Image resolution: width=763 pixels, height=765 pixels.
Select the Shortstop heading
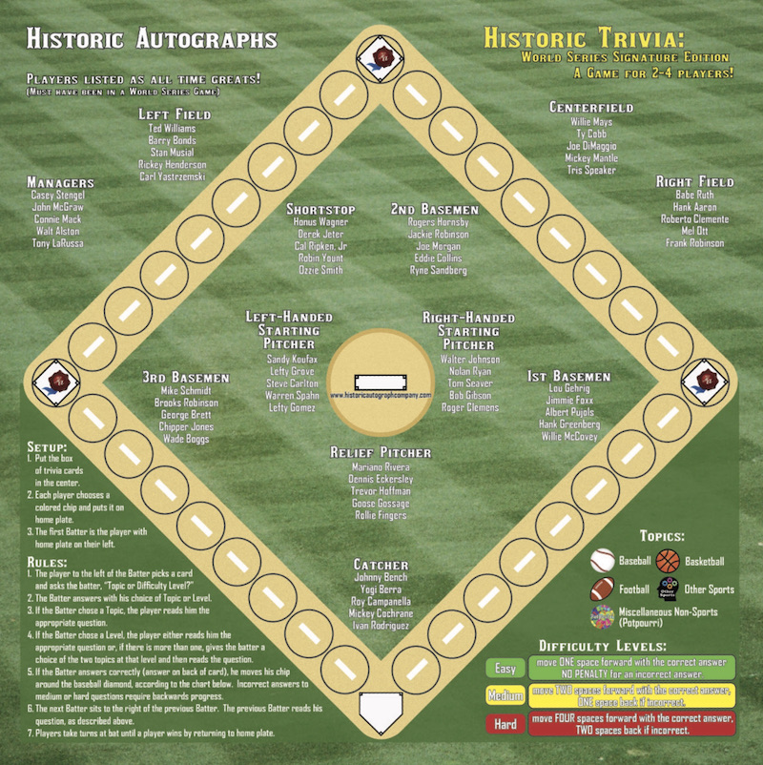(320, 209)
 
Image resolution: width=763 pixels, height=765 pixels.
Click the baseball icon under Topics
(603, 560)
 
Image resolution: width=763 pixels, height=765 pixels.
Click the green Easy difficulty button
(505, 668)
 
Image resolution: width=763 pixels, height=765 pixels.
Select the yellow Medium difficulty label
(505, 695)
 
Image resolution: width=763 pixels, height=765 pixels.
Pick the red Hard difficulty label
(505, 724)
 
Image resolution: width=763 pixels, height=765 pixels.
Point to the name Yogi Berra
(381, 589)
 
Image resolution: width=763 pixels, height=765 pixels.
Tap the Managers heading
(60, 182)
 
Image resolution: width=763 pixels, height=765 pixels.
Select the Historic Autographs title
(152, 39)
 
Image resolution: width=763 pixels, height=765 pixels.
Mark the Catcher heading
(381, 565)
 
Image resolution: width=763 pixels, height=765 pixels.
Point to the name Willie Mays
(592, 122)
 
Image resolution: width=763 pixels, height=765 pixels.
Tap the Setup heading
(47, 446)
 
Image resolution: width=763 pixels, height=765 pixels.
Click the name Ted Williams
(173, 128)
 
